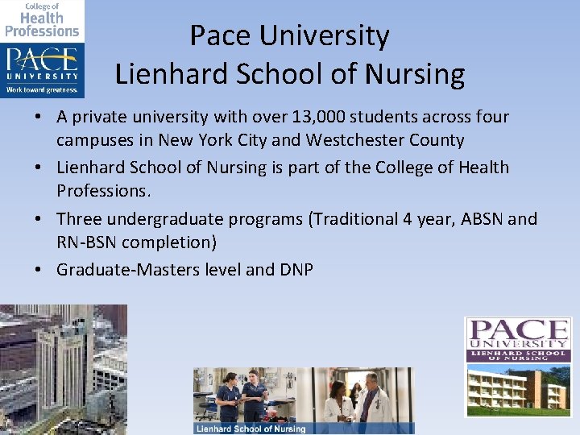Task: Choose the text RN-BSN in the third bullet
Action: tap(85, 242)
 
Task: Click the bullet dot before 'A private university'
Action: tap(39, 118)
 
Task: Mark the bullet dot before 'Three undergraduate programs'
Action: tap(39, 219)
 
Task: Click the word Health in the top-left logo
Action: tap(41, 18)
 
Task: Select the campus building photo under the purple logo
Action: tap(518, 390)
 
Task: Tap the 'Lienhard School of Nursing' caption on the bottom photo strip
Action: tap(251, 429)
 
